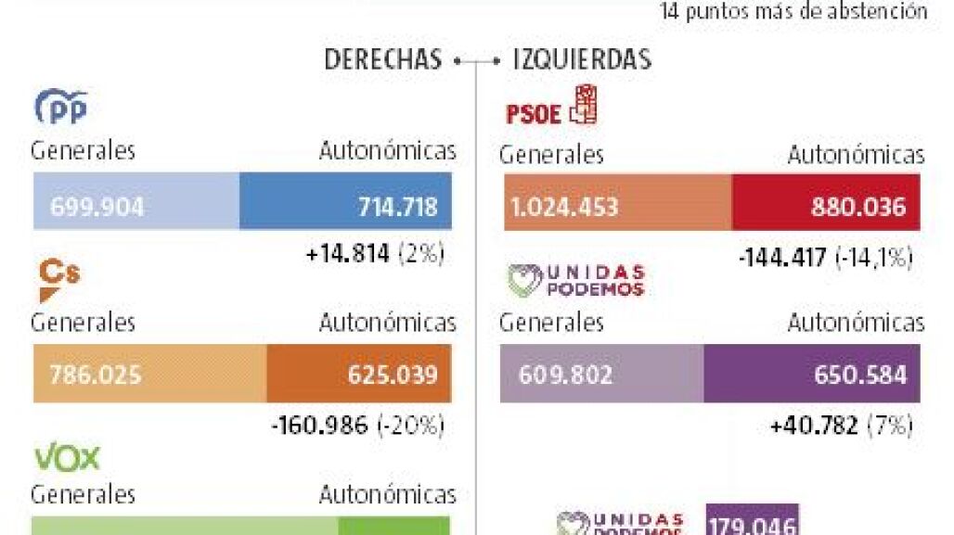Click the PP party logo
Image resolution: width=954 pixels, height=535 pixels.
point(60,108)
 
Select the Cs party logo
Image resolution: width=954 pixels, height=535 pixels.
point(58,280)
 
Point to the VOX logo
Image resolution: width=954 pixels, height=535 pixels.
point(67,457)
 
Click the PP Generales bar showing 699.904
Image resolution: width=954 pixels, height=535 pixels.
point(135,200)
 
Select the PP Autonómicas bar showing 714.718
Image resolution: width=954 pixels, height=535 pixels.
point(345,200)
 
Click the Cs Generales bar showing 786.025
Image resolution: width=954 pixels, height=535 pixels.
point(149,375)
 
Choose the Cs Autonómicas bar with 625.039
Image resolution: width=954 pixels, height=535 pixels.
point(359,375)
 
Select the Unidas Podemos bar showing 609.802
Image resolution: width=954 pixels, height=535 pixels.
point(601,374)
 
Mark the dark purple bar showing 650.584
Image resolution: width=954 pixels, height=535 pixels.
point(812,374)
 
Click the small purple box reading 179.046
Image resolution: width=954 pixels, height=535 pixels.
point(752,520)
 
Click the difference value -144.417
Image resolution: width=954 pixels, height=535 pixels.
point(782,257)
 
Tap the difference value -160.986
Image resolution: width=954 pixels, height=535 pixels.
point(321,426)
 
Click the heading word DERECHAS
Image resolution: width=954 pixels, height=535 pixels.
point(382,60)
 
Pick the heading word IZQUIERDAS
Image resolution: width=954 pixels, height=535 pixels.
point(582,60)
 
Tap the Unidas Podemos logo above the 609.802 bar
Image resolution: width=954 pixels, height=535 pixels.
point(576,280)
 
